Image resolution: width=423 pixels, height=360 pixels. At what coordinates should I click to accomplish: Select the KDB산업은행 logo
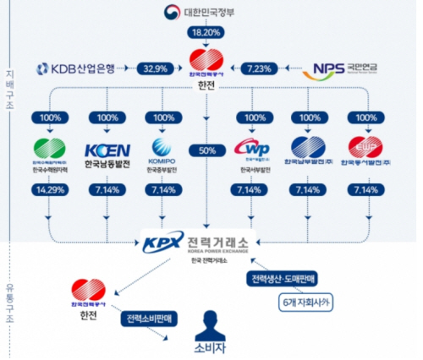pyautogui.click(x=83, y=67)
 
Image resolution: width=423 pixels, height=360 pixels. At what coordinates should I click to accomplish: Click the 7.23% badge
pyautogui.click(x=257, y=67)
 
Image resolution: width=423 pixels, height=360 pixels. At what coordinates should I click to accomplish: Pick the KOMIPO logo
pyautogui.click(x=162, y=150)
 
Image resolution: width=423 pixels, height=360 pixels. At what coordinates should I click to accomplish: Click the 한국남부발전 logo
pyautogui.click(x=310, y=150)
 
